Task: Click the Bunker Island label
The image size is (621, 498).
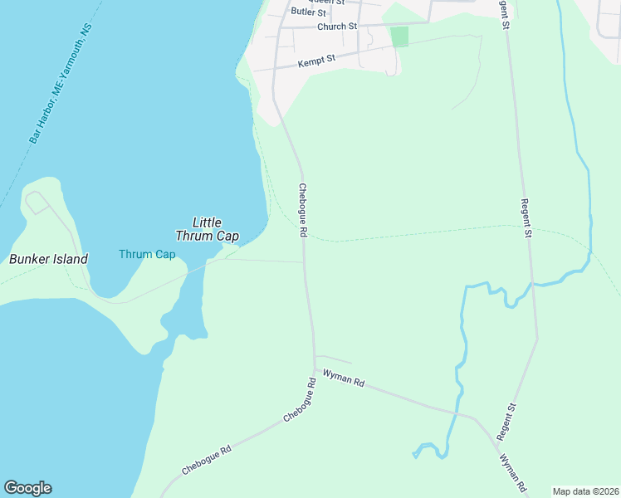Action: [48, 259]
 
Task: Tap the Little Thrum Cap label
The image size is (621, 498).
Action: [207, 229]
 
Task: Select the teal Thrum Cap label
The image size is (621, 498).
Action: [147, 254]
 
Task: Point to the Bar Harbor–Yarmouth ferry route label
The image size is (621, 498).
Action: [61, 83]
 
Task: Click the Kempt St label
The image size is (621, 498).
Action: [316, 60]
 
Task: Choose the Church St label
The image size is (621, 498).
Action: [336, 27]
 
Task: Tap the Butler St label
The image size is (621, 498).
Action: [308, 13]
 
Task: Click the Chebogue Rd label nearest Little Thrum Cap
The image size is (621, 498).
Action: [302, 212]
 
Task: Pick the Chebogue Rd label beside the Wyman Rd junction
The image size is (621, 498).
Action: [301, 401]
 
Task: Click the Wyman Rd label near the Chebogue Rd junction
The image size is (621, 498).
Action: [344, 379]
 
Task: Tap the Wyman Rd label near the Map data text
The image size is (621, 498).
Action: [513, 472]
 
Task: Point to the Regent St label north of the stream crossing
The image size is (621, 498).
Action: [526, 218]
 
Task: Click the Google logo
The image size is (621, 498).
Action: [27, 488]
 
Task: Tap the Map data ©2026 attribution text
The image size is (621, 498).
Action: [585, 491]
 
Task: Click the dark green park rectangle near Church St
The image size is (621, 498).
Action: [399, 37]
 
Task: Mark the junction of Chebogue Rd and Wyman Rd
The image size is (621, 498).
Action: [315, 369]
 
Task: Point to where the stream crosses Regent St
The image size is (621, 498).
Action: [532, 285]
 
